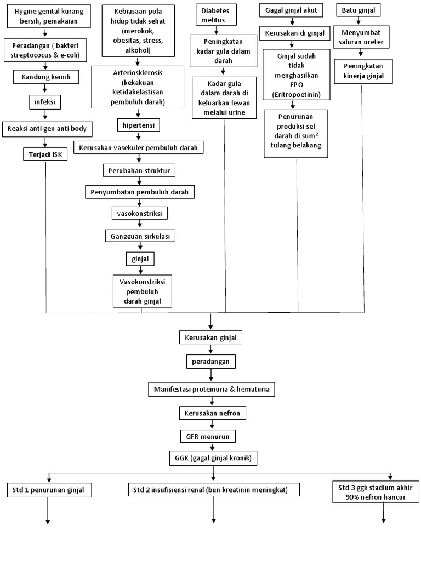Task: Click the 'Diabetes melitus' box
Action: [219, 15]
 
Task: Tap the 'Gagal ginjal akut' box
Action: [291, 10]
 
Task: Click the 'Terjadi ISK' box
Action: [45, 154]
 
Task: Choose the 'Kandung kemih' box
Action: [46, 77]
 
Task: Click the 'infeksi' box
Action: [45, 101]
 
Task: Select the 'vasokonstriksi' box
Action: [139, 212]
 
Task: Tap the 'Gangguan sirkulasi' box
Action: [140, 236]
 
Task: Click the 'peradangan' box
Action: [210, 362]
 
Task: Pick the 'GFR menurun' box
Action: [210, 437]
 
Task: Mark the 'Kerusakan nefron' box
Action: [210, 413]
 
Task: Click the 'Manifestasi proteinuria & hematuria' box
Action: [211, 390]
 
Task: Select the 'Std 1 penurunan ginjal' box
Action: [49, 489]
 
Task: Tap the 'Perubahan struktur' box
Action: [139, 170]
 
